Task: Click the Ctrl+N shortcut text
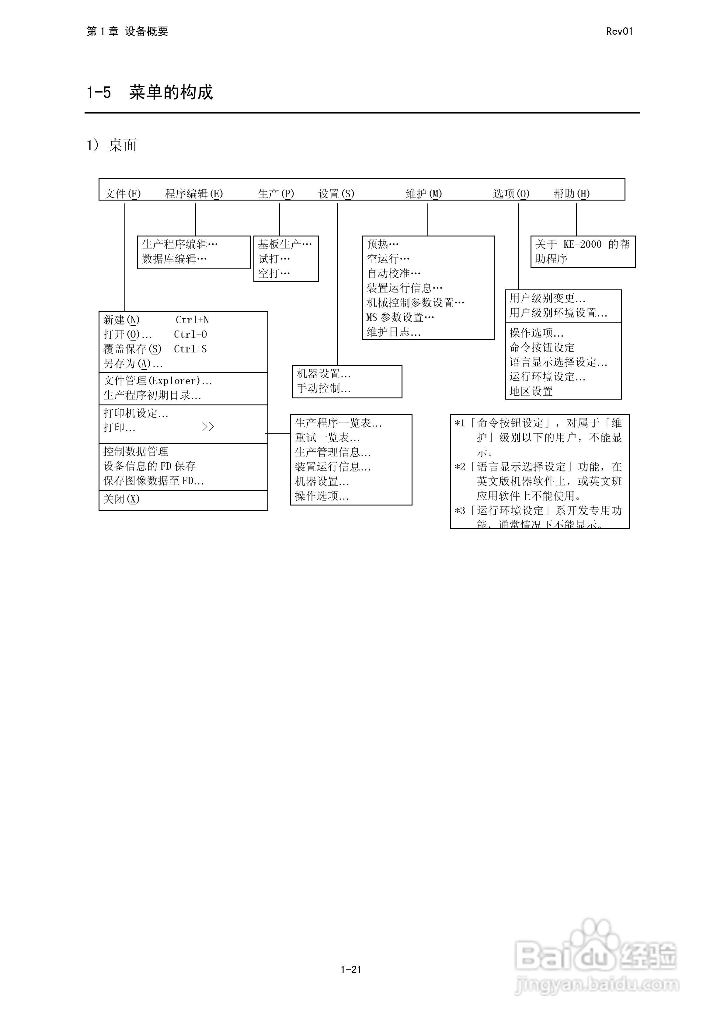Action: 192,320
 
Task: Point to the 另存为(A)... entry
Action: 133,364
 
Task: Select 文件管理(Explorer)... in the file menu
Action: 158,381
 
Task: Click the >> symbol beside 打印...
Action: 208,427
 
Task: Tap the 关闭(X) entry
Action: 121,499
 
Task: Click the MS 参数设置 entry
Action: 400,317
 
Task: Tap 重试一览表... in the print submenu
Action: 327,438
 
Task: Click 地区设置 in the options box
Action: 531,391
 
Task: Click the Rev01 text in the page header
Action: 619,31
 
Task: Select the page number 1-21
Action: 351,969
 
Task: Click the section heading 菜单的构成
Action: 171,93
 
